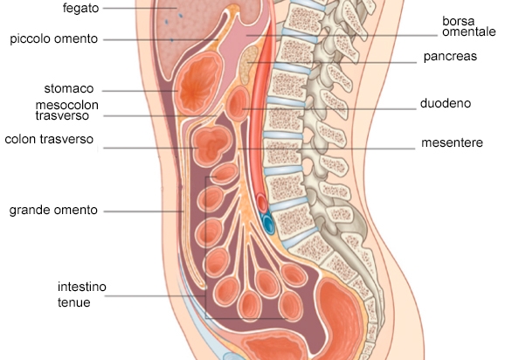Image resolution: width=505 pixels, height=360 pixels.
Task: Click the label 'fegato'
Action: point(80,9)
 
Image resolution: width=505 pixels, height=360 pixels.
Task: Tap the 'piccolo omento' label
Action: point(54,39)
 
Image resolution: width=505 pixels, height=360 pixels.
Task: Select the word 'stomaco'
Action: point(69,88)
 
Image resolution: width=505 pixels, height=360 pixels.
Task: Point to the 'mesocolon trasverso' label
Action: point(67,110)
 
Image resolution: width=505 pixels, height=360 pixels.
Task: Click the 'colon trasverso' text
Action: point(49,140)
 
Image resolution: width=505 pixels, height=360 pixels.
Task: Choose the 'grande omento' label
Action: point(53,210)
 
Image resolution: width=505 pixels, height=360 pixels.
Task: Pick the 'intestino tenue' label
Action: point(82,294)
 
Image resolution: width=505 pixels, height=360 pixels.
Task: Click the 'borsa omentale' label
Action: point(469,26)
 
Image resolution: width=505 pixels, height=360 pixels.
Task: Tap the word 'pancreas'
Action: point(450,57)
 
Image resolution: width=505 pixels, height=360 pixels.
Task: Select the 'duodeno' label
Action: point(446,103)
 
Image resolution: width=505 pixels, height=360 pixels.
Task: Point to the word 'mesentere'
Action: point(452,142)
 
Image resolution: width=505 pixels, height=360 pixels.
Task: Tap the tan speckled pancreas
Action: point(249,65)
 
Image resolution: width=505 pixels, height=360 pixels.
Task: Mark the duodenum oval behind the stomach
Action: point(238,104)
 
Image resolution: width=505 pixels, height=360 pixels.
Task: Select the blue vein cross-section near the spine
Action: point(267,224)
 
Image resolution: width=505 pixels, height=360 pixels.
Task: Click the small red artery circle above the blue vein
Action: point(262,203)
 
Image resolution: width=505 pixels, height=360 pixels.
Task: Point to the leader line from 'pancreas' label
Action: point(332,62)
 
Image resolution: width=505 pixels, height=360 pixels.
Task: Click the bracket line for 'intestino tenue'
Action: point(206,248)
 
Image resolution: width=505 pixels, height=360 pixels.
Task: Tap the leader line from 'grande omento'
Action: point(143,211)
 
